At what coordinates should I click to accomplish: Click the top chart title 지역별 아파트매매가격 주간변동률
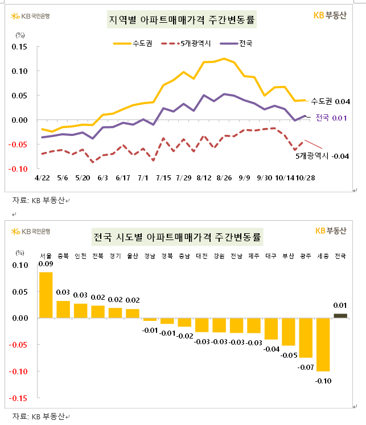pos(182,21)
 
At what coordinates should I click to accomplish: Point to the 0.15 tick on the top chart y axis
pos(19,47)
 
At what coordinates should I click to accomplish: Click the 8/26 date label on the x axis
pos(224,178)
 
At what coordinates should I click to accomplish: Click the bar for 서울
pos(46,295)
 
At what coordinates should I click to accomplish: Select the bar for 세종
pos(323,344)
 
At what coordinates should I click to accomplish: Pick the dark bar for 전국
pos(340,316)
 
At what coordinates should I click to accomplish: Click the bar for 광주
pos(306,337)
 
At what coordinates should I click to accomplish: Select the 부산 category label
pos(289,256)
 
